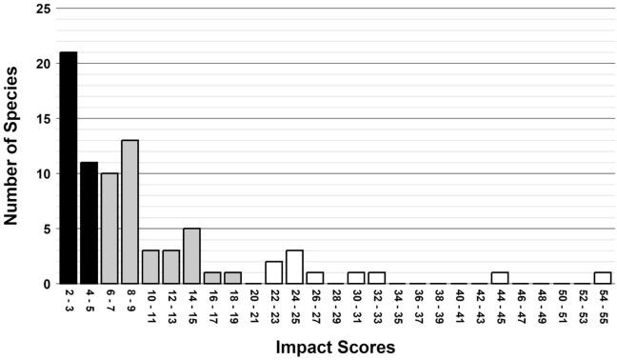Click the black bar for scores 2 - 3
(x=69, y=169)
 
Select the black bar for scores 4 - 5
(x=89, y=224)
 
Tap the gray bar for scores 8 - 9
(x=130, y=212)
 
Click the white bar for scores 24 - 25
(x=295, y=268)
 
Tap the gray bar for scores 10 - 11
(x=150, y=268)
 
